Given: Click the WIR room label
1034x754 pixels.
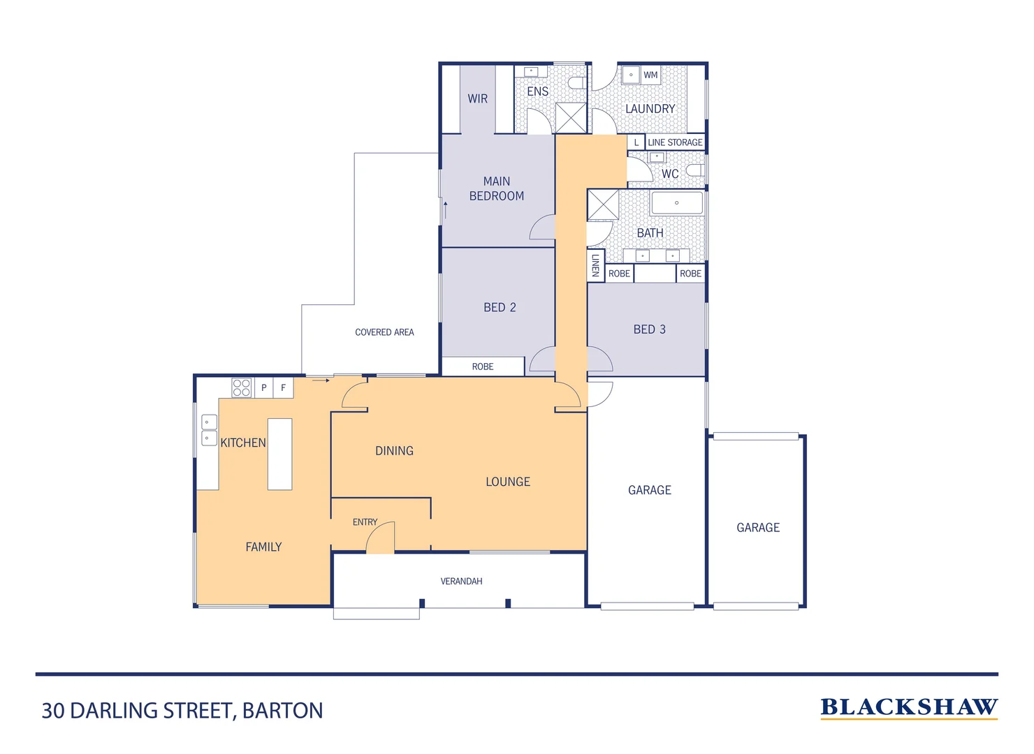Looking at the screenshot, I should (x=478, y=98).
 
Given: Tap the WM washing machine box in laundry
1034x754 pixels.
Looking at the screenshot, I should (x=650, y=75).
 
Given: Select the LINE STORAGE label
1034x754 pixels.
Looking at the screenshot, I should (x=675, y=142).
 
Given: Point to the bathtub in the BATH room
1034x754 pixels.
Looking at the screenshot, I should (x=676, y=203).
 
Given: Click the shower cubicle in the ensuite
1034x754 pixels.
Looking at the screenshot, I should (x=571, y=118).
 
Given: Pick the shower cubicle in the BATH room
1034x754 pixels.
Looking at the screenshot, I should (x=603, y=205).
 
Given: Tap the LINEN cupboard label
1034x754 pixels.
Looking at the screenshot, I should (x=595, y=265).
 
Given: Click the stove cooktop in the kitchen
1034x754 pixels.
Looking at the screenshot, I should (x=242, y=388).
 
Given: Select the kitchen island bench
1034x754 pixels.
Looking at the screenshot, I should (x=279, y=454).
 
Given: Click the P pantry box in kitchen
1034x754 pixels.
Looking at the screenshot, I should (x=264, y=387).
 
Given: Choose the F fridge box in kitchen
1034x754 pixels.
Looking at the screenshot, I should (x=283, y=387).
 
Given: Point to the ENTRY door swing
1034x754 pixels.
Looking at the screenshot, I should (x=381, y=538).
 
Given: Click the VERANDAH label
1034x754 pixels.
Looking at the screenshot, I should (x=461, y=581).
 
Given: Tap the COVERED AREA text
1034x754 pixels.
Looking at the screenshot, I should (x=384, y=332).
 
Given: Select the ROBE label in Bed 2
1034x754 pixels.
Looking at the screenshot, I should (x=482, y=367).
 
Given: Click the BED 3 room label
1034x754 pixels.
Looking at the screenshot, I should (x=649, y=330).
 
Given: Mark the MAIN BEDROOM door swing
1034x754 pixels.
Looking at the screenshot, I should (x=542, y=228).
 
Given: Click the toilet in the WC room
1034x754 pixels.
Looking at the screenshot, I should (x=694, y=170).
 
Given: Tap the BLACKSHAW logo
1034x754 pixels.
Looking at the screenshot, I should (x=908, y=708).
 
